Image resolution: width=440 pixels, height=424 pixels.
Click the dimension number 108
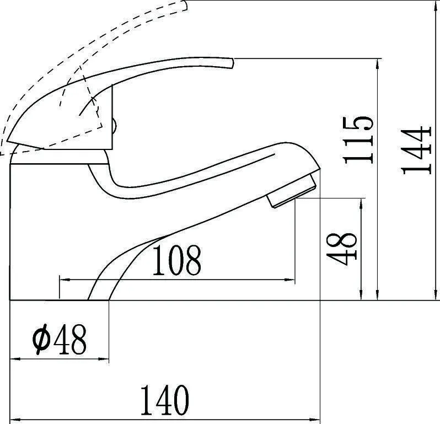[176, 260]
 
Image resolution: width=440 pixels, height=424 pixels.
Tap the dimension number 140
[164, 400]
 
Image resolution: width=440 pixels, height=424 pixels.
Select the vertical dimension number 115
[358, 139]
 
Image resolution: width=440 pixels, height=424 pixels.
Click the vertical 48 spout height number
[341, 249]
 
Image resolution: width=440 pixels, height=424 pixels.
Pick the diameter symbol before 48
[41, 339]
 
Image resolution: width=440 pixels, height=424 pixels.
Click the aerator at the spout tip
[292, 191]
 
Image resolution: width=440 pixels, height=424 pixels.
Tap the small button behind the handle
[114, 126]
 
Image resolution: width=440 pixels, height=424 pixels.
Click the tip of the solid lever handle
[232, 63]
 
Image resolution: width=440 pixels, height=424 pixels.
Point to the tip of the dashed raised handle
[185, 6]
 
